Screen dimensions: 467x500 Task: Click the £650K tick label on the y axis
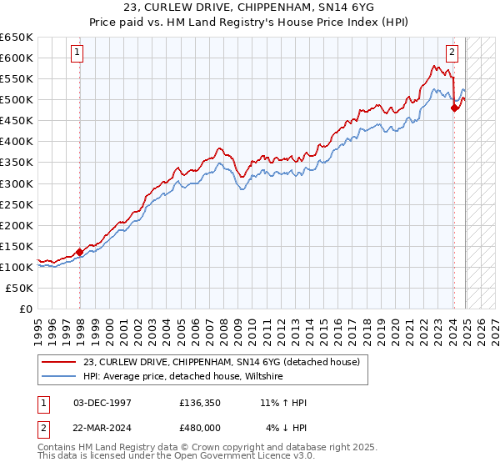tap(17, 38)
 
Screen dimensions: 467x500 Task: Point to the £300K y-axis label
tap(17, 183)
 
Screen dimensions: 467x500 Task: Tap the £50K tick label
tap(20, 288)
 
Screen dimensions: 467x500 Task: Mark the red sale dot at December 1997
tap(79, 252)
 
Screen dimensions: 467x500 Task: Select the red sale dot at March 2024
tap(454, 108)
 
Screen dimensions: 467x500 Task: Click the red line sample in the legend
tap(60, 362)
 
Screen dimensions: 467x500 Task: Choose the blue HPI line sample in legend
tap(60, 377)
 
